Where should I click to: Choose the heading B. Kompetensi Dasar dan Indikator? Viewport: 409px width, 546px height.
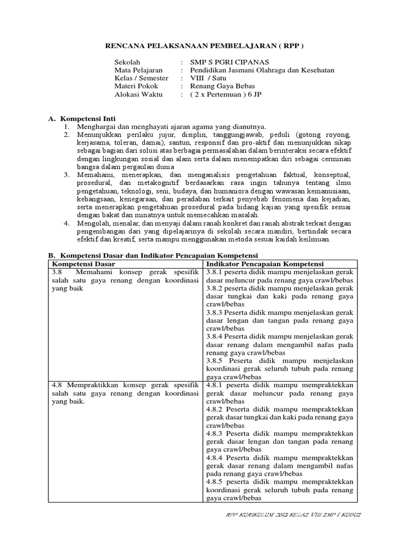click(153, 255)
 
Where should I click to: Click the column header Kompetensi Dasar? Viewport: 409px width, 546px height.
click(83, 264)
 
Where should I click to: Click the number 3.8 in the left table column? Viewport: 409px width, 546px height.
click(57, 272)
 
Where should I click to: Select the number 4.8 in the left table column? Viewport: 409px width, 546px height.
click(57, 384)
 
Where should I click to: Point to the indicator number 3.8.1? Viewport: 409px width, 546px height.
click(214, 272)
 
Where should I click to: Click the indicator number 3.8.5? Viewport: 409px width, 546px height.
click(215, 360)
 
